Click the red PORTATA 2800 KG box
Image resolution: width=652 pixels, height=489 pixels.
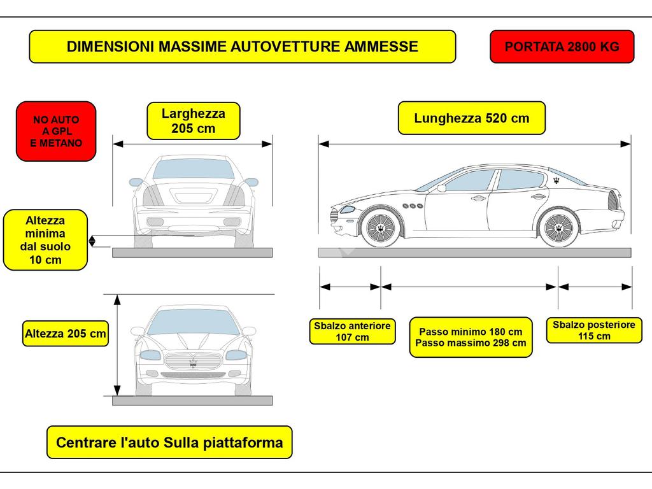(x=562, y=46)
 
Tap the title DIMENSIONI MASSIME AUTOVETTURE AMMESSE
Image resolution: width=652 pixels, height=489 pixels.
(x=242, y=46)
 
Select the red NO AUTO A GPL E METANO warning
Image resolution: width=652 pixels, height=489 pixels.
(x=56, y=131)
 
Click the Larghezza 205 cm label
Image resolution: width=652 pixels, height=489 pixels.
(x=193, y=121)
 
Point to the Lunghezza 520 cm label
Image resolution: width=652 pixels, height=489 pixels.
(x=471, y=118)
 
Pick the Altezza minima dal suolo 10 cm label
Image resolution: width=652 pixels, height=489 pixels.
(x=45, y=240)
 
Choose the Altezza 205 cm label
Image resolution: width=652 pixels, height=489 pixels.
(x=65, y=333)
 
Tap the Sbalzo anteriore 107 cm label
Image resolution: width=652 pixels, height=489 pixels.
(x=352, y=331)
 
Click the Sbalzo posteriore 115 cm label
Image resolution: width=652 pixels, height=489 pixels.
(x=593, y=330)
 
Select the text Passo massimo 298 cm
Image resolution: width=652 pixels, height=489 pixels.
(x=471, y=343)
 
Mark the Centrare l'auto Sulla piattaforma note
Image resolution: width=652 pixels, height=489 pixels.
(x=169, y=443)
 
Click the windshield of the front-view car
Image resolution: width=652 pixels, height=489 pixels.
(x=193, y=321)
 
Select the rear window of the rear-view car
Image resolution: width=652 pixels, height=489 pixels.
(x=193, y=169)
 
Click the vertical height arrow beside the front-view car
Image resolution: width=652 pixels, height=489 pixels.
(x=117, y=344)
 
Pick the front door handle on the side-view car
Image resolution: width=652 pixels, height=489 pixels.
(x=477, y=199)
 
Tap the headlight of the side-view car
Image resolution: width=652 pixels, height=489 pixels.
(x=347, y=209)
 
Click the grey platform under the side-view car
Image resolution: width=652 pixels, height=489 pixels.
(x=474, y=253)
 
